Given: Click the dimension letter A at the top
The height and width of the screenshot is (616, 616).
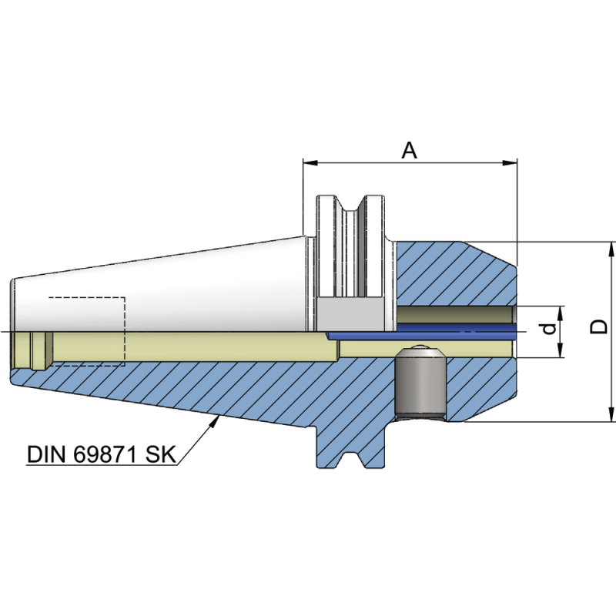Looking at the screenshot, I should pos(410,149).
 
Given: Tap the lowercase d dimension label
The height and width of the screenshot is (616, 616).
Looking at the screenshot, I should pos(547,329).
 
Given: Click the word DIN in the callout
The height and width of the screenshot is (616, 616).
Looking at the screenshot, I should pos(48,454).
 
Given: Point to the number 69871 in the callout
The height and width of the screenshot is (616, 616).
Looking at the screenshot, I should pos(109,454).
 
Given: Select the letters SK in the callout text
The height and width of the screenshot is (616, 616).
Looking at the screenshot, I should pos(162,454).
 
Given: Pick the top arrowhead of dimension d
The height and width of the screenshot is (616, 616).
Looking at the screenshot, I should pos(561,310).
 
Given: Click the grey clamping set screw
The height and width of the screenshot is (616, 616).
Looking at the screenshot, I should pos(420,385).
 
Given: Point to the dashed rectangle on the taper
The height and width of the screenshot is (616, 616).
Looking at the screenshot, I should pos(86,330).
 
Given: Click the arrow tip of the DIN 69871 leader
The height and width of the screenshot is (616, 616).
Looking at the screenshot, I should pos(221,417).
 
